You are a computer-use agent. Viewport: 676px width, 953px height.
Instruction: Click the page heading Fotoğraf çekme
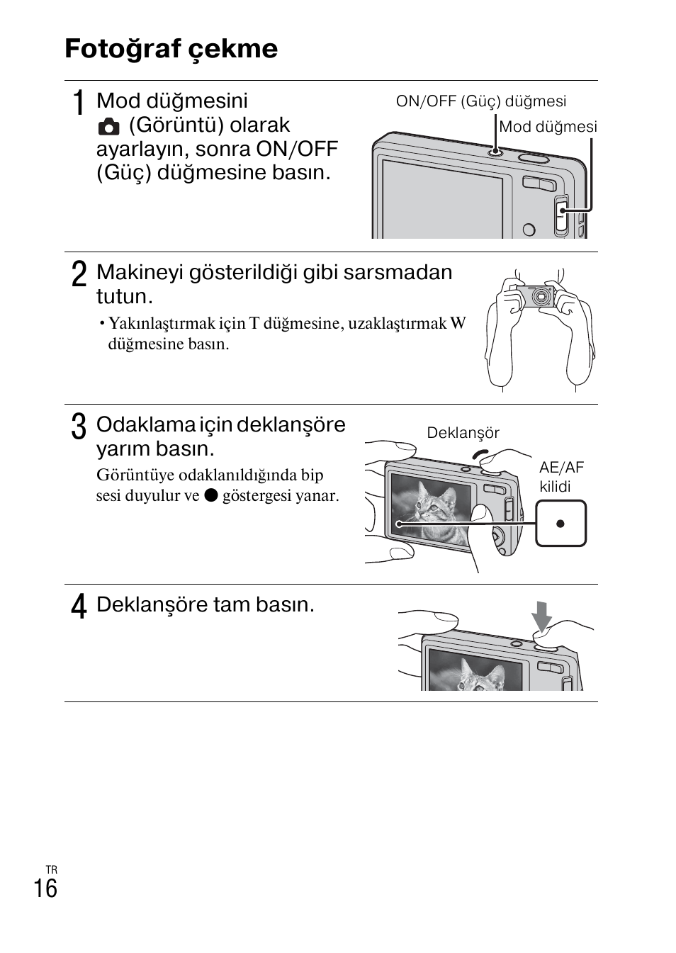pyautogui.click(x=171, y=49)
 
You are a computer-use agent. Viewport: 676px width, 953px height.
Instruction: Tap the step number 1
pyautogui.click(x=79, y=103)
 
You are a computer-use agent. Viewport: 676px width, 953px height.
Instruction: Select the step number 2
pyautogui.click(x=79, y=274)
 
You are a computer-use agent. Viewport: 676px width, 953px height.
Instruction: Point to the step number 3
pyautogui.click(x=79, y=427)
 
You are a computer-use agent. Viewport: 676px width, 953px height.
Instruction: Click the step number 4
pyautogui.click(x=79, y=607)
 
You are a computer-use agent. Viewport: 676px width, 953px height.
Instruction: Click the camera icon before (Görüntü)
pyautogui.click(x=108, y=127)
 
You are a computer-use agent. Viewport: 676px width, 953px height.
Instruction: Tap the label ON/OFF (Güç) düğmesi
pyautogui.click(x=480, y=101)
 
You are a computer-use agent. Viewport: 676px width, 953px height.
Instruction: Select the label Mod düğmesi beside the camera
pyautogui.click(x=548, y=127)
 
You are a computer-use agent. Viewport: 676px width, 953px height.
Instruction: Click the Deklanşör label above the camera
pyautogui.click(x=463, y=433)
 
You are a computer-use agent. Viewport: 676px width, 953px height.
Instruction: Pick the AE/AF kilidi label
pyautogui.click(x=561, y=476)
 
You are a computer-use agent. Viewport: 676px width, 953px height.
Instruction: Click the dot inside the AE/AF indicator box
pyautogui.click(x=560, y=524)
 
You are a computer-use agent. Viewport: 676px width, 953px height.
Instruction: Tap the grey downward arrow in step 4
pyautogui.click(x=541, y=616)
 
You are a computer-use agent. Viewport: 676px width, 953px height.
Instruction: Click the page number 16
pyautogui.click(x=45, y=889)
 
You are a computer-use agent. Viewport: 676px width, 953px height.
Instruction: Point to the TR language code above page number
pyautogui.click(x=51, y=869)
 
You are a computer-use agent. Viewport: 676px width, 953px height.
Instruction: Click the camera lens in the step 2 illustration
pyautogui.click(x=543, y=295)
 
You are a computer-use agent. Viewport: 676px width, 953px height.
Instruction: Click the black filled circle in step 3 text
pyautogui.click(x=210, y=495)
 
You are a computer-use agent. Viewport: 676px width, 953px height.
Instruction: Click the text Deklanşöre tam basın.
pyautogui.click(x=205, y=604)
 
